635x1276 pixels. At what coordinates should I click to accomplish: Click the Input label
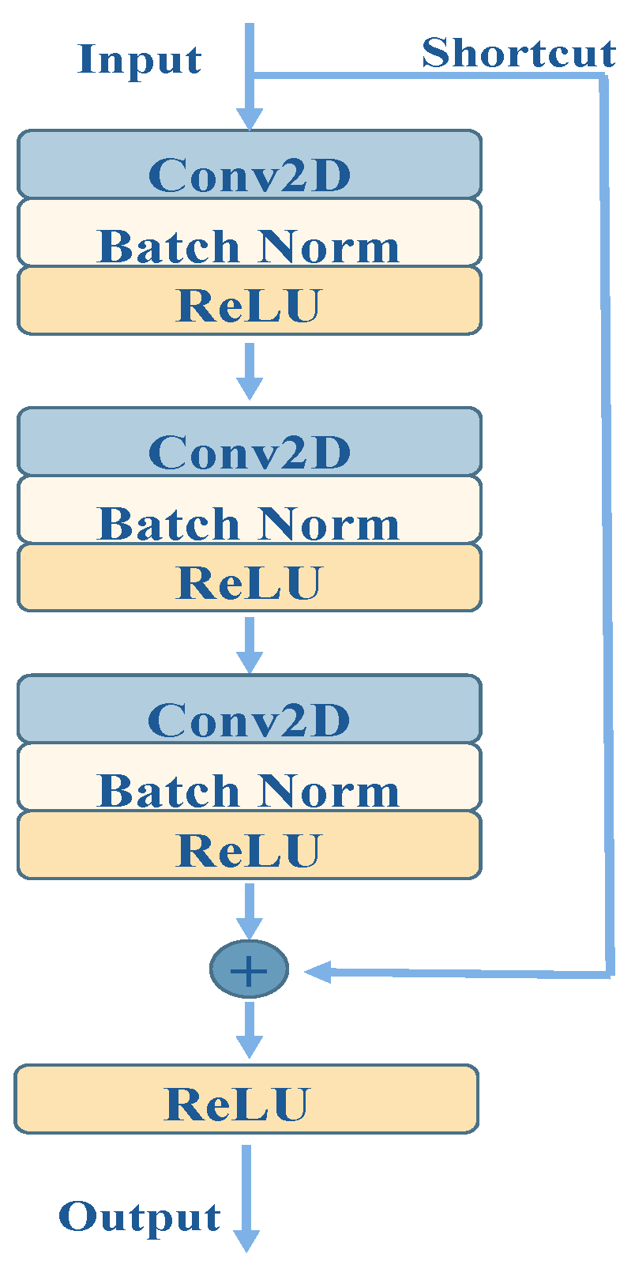point(140,60)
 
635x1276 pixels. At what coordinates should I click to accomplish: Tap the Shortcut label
point(518,54)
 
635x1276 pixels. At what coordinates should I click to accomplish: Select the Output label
point(140,1217)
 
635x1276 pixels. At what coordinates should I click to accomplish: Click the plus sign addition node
point(249,969)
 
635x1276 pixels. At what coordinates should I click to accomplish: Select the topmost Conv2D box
point(249,164)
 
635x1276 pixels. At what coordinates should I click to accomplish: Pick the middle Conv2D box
point(249,442)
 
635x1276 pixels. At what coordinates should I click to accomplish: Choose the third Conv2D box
point(249,709)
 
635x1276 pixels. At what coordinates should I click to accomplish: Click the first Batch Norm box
point(249,232)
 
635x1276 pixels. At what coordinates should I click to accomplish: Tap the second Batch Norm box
point(249,510)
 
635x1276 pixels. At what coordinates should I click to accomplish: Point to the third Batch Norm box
point(249,777)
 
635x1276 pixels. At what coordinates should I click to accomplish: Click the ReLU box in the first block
point(249,301)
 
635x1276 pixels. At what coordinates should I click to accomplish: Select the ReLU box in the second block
point(249,578)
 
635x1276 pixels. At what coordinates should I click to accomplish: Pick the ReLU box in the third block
point(249,845)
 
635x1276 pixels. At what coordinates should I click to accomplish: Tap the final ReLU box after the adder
point(246,1099)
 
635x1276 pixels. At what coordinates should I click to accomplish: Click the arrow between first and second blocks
point(250,371)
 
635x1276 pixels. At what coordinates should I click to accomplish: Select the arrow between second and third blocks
point(250,646)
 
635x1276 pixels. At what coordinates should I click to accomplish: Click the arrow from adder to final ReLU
point(250,1030)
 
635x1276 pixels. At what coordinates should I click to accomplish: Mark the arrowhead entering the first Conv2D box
point(250,119)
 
